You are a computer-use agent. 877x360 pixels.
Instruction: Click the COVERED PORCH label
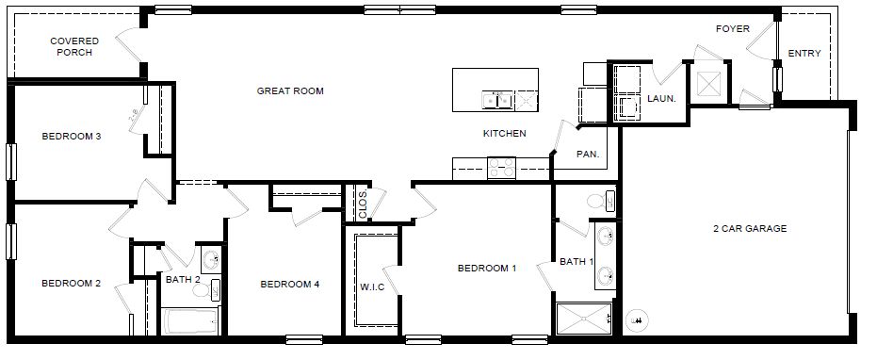[x=72, y=46]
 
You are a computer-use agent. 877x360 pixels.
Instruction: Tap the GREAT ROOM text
[x=290, y=91]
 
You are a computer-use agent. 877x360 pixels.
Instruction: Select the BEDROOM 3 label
[x=72, y=137]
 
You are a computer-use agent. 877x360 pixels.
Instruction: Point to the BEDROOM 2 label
[x=71, y=283]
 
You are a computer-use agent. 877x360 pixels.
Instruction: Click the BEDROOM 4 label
[x=290, y=284]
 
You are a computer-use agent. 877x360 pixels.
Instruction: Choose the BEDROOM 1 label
[x=487, y=269]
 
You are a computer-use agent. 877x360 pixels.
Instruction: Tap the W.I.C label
[x=372, y=287]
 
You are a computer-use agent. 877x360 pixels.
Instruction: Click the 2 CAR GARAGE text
[x=750, y=229]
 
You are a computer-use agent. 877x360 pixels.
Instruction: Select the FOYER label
[x=732, y=29]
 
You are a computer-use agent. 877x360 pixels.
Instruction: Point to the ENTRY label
[x=804, y=54]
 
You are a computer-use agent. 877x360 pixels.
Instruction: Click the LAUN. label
[x=660, y=97]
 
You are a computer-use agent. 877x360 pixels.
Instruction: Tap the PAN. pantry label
[x=587, y=153]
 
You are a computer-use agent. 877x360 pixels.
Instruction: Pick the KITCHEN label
[x=504, y=134]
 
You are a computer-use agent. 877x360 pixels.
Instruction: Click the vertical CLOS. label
[x=363, y=205]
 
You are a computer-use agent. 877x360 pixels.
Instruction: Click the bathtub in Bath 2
[x=191, y=321]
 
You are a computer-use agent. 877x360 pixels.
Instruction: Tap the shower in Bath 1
[x=583, y=319]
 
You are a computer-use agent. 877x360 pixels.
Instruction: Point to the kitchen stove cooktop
[x=501, y=169]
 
